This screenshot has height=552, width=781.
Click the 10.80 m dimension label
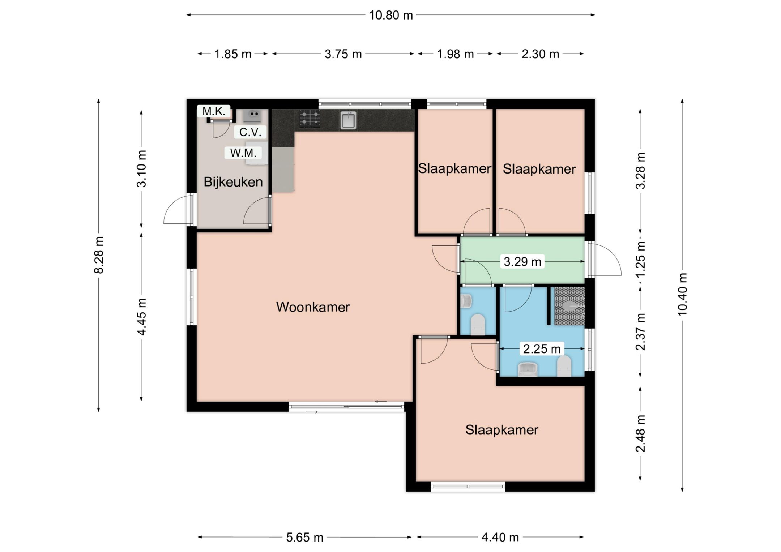tap(390, 15)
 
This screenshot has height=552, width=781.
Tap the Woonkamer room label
tap(313, 307)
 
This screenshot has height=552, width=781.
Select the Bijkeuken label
tap(233, 182)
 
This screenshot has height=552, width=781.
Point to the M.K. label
tap(214, 111)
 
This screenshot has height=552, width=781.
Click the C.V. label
tap(250, 132)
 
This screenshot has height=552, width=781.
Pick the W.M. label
tap(243, 153)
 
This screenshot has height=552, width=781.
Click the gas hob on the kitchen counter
tap(310, 119)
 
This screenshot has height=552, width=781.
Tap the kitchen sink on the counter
tap(348, 120)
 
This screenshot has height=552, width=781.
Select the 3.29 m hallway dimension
tap(522, 261)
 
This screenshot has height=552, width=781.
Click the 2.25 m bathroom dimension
tap(542, 349)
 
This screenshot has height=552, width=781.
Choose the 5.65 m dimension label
tap(304, 538)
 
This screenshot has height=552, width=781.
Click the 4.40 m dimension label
tap(500, 538)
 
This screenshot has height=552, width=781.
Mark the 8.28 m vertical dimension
tap(99, 255)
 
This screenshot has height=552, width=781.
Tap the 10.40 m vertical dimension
tap(682, 294)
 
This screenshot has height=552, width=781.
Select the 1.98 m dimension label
tap(455, 54)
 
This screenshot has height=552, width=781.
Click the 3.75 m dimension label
tap(343, 54)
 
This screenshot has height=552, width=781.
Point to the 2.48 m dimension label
tap(640, 433)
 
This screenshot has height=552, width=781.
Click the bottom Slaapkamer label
tap(502, 430)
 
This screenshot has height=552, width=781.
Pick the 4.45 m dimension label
tap(142, 317)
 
